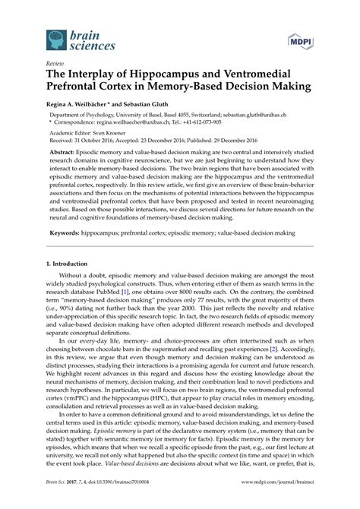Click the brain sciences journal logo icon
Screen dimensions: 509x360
click(55, 40)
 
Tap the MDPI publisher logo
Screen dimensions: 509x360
click(298, 40)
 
